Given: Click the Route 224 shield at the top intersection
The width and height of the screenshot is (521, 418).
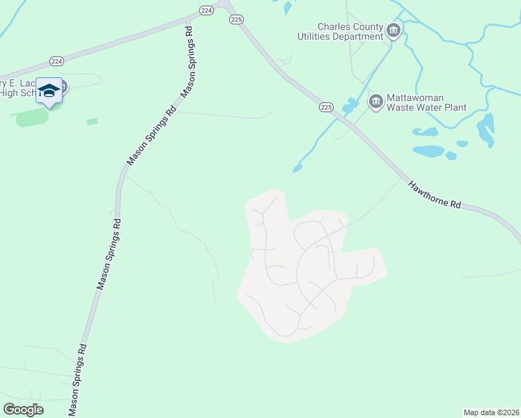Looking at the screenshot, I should (x=206, y=10).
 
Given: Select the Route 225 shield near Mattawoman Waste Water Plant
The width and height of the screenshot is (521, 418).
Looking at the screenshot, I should (x=327, y=107).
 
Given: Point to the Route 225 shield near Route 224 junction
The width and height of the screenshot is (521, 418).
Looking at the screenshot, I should (x=237, y=20).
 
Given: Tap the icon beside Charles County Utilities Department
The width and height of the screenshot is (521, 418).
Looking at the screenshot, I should (x=394, y=30).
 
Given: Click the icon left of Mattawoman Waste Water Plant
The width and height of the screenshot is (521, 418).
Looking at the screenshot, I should (x=376, y=102).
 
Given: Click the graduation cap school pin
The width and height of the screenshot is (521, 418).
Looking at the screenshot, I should (x=49, y=91).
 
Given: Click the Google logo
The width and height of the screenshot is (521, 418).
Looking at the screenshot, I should (x=24, y=410).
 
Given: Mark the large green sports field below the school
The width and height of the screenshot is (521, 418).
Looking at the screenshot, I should (x=33, y=117).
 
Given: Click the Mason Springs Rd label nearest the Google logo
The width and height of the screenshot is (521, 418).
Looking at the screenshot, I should (x=77, y=379).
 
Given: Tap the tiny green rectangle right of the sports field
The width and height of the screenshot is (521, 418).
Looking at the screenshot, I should (x=92, y=121).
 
